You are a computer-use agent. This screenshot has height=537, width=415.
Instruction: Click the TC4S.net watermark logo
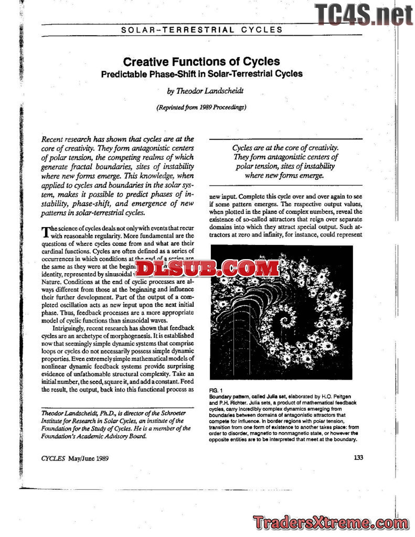point(364,14)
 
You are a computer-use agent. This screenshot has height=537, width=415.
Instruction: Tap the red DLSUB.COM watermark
point(208,268)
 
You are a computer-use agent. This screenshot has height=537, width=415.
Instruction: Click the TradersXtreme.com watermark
point(331,523)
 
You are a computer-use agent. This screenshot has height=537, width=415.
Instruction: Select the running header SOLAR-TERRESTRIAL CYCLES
point(201,29)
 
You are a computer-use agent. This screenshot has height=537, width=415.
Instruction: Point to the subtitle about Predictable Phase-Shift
point(201,74)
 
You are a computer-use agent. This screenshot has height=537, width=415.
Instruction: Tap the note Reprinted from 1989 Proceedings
point(201,108)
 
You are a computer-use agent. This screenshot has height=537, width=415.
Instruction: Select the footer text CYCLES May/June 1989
point(75,458)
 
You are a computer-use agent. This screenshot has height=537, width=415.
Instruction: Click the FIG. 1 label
point(216,391)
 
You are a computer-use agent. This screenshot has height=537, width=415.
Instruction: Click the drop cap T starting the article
point(45,232)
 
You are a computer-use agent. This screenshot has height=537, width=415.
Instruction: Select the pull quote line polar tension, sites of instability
point(285,166)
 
